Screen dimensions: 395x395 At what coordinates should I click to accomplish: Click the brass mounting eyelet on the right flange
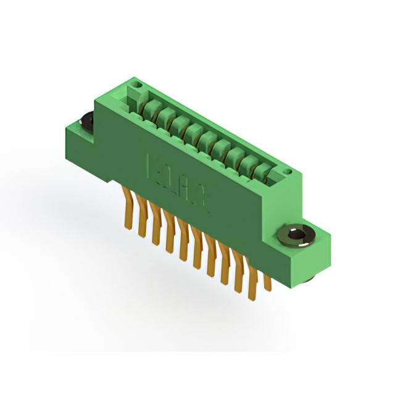[297, 235]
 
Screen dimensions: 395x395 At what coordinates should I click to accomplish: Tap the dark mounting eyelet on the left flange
[86, 122]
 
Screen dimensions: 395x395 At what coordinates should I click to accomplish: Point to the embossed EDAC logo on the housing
[178, 185]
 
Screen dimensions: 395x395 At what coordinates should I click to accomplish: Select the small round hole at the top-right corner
[286, 172]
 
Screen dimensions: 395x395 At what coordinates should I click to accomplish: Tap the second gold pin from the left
[142, 219]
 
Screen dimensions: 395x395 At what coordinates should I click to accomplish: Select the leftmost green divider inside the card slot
[149, 109]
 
